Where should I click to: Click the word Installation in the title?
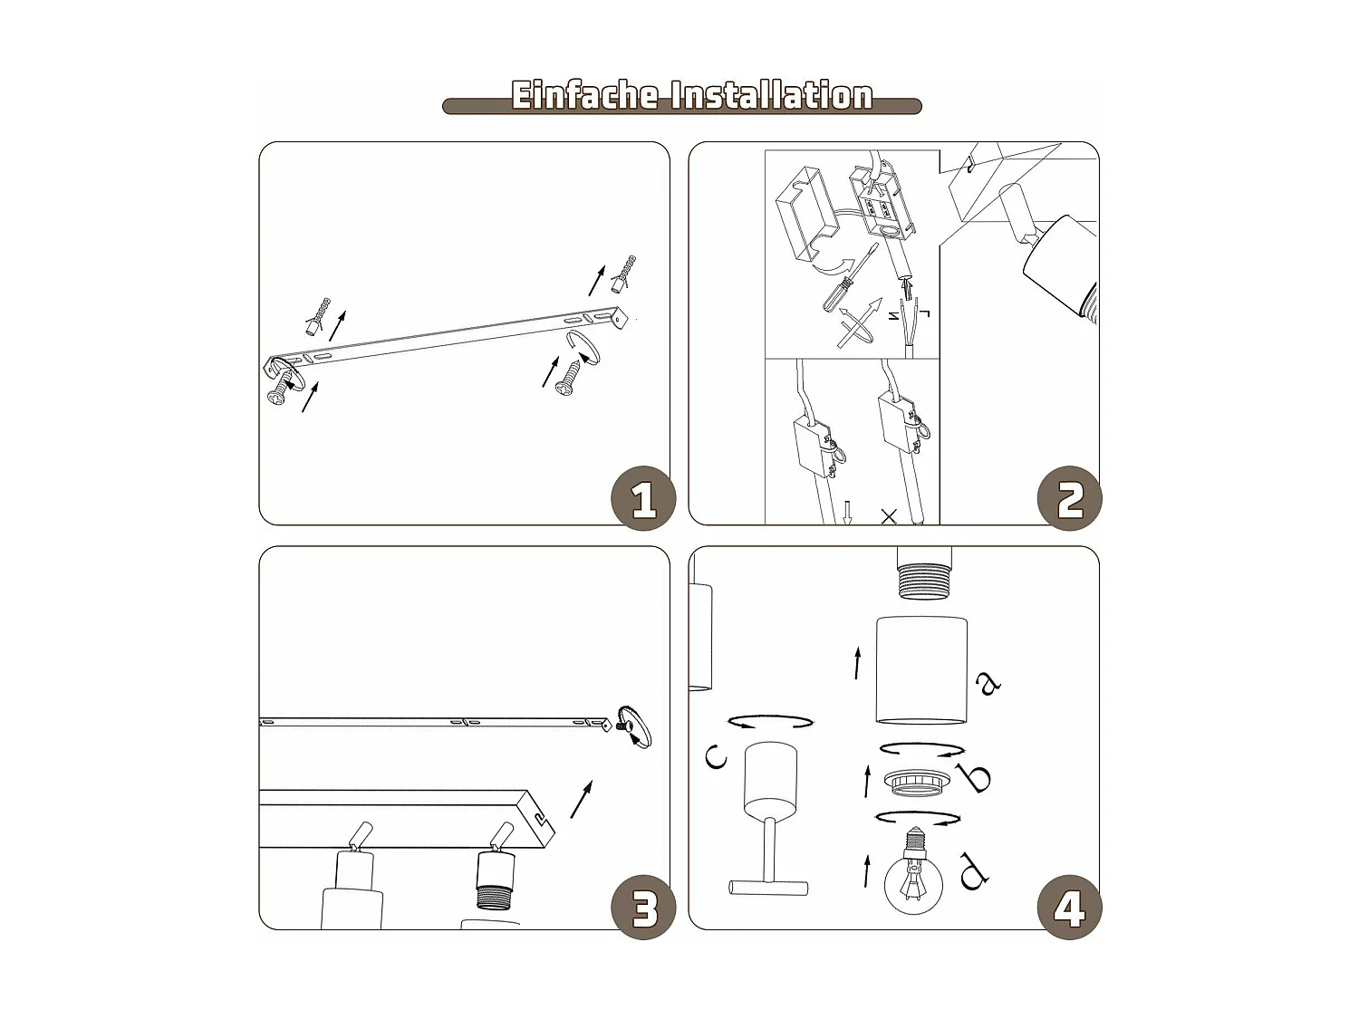click(772, 96)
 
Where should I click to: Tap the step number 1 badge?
click(643, 498)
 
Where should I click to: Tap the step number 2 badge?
click(1070, 498)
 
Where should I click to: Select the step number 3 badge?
click(643, 908)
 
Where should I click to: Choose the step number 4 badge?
click(1070, 908)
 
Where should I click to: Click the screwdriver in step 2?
click(850, 277)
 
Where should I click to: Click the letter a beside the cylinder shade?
click(988, 682)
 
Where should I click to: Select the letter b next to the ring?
click(974, 777)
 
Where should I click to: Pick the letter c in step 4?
click(716, 756)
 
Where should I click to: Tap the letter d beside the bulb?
click(974, 871)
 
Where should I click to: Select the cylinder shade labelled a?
click(921, 670)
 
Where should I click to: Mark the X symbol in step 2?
click(889, 516)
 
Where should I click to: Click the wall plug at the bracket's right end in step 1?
click(623, 274)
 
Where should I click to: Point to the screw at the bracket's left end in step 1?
click(282, 388)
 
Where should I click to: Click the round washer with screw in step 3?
click(634, 726)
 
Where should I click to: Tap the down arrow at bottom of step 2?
click(848, 514)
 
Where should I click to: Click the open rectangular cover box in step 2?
click(807, 214)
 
